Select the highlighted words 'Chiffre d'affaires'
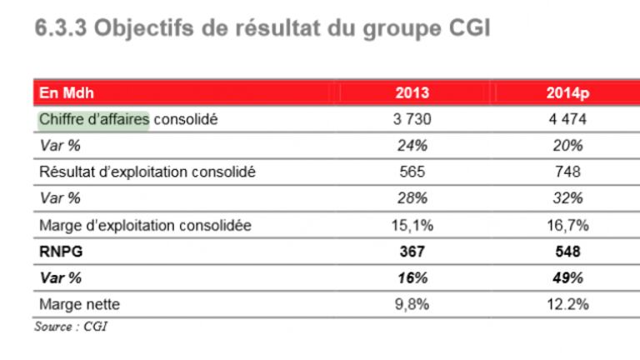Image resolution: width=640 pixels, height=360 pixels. click(x=94, y=119)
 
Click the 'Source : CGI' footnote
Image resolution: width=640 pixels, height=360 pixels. click(x=71, y=326)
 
